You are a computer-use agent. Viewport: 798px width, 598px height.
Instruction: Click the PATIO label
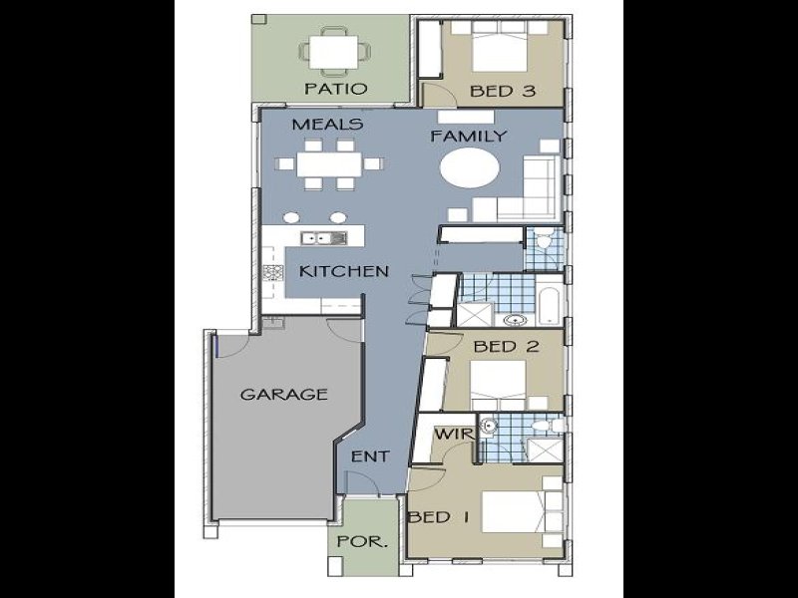(335, 89)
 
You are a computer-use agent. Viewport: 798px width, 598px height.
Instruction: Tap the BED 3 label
(504, 91)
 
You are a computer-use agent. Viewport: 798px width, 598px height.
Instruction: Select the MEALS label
(326, 126)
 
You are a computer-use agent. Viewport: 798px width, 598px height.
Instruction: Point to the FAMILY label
(468, 136)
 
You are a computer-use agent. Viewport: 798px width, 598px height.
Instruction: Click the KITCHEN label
(344, 271)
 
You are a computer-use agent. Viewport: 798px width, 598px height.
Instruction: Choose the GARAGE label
(283, 394)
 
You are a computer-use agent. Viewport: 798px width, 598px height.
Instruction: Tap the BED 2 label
(507, 347)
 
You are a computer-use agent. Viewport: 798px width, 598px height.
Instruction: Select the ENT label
(369, 456)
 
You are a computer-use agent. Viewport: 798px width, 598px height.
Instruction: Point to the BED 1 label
(438, 517)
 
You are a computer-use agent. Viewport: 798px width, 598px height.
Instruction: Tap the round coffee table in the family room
(470, 168)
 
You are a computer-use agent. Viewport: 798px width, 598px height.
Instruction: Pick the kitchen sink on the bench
(325, 237)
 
